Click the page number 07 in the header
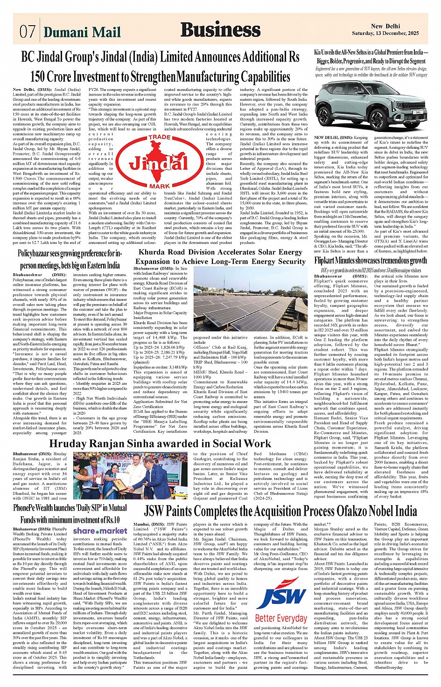[x=27, y=31]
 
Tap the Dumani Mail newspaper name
[x=82, y=32]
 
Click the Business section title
[x=220, y=29]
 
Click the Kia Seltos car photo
[x=371, y=105]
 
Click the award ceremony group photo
[x=131, y=476]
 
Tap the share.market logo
[x=100, y=531]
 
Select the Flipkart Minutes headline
[x=371, y=261]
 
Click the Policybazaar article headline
[x=70, y=259]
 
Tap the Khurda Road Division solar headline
[x=220, y=257]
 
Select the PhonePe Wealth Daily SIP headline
[x=70, y=514]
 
